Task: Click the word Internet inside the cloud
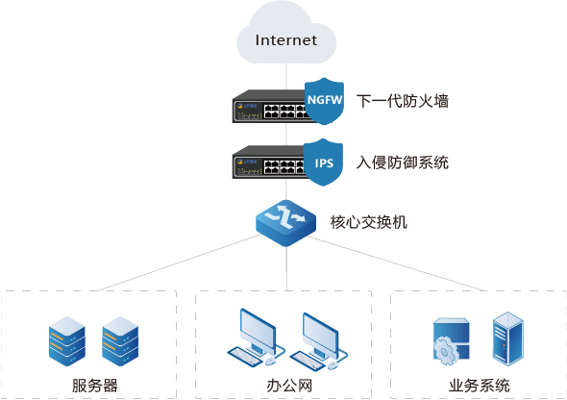click(286, 39)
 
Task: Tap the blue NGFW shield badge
click(324, 101)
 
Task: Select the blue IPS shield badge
click(323, 162)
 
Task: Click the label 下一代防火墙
click(403, 101)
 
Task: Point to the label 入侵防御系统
click(403, 162)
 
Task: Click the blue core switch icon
click(285, 223)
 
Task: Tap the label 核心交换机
click(369, 222)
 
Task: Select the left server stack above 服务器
click(67, 341)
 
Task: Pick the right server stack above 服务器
click(120, 341)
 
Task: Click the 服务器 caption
click(95, 386)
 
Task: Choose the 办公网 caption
click(289, 386)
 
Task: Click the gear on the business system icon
click(444, 350)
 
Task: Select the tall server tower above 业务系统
click(508, 338)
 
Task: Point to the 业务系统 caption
click(480, 386)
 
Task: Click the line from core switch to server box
click(179, 262)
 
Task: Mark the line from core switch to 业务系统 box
click(396, 263)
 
